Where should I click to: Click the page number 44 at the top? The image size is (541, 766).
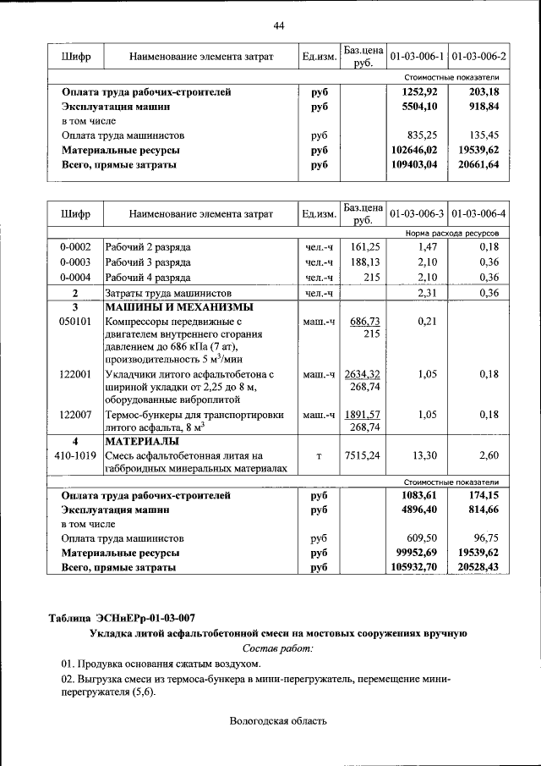278,25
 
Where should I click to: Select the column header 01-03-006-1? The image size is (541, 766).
417,57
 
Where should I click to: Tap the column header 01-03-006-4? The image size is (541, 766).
478,214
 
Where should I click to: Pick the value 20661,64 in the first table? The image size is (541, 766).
478,166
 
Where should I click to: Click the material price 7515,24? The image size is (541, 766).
363,455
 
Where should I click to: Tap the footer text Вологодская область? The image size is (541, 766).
277,721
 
